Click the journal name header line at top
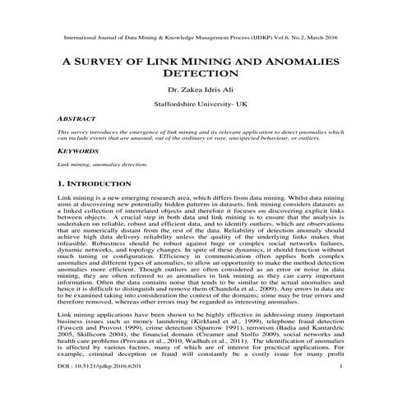pos(203,38)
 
